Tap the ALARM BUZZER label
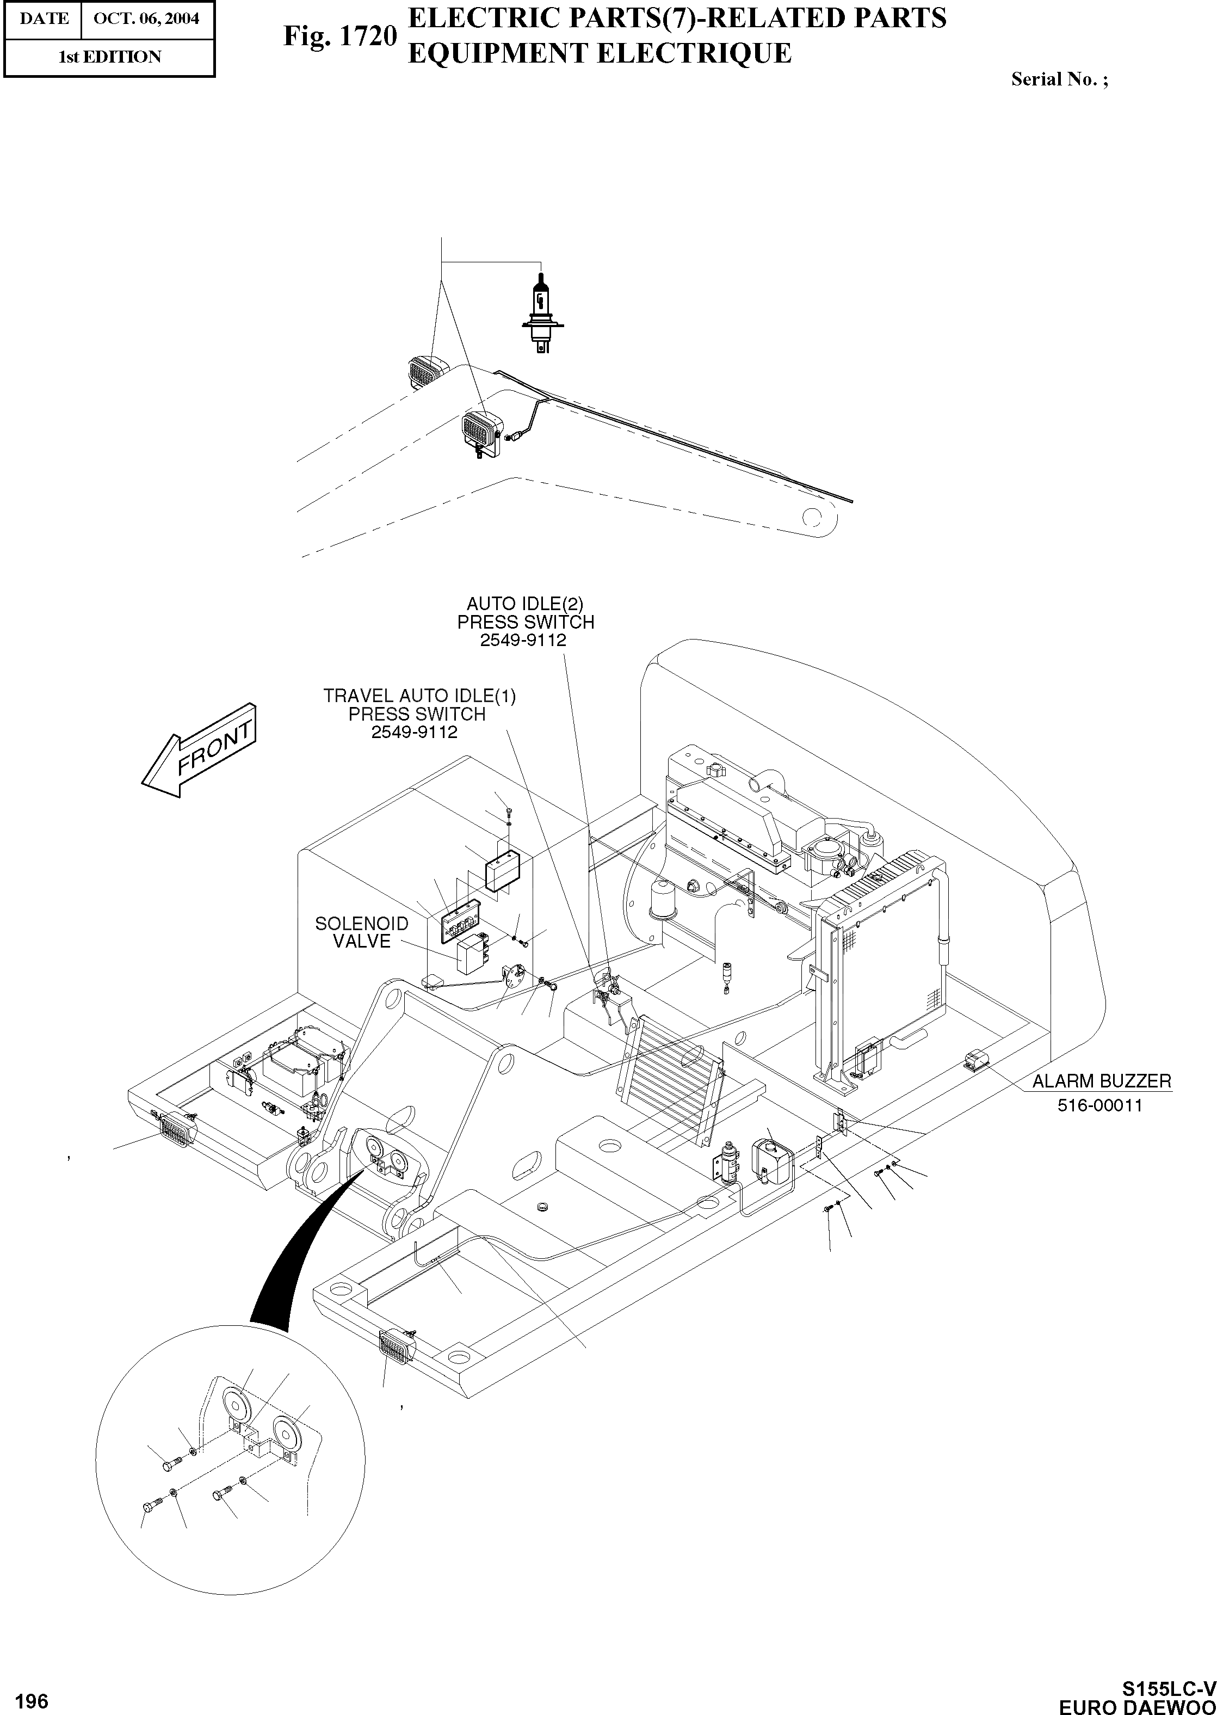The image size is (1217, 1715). pyautogui.click(x=1101, y=1081)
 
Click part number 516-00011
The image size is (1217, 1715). pyautogui.click(x=1099, y=1105)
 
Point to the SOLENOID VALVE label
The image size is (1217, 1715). pyautogui.click(x=362, y=932)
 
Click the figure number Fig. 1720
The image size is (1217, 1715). pyautogui.click(x=339, y=35)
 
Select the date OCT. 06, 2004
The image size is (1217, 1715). pyautogui.click(x=146, y=18)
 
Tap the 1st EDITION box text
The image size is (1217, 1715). pyautogui.click(x=109, y=57)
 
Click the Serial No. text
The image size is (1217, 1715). pyautogui.click(x=1059, y=79)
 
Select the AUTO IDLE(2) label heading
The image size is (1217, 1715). pyautogui.click(x=524, y=604)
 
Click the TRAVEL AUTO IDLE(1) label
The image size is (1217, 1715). pyautogui.click(x=419, y=696)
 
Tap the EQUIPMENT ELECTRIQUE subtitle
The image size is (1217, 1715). pyautogui.click(x=599, y=53)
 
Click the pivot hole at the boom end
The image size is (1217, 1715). pyautogui.click(x=812, y=517)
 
